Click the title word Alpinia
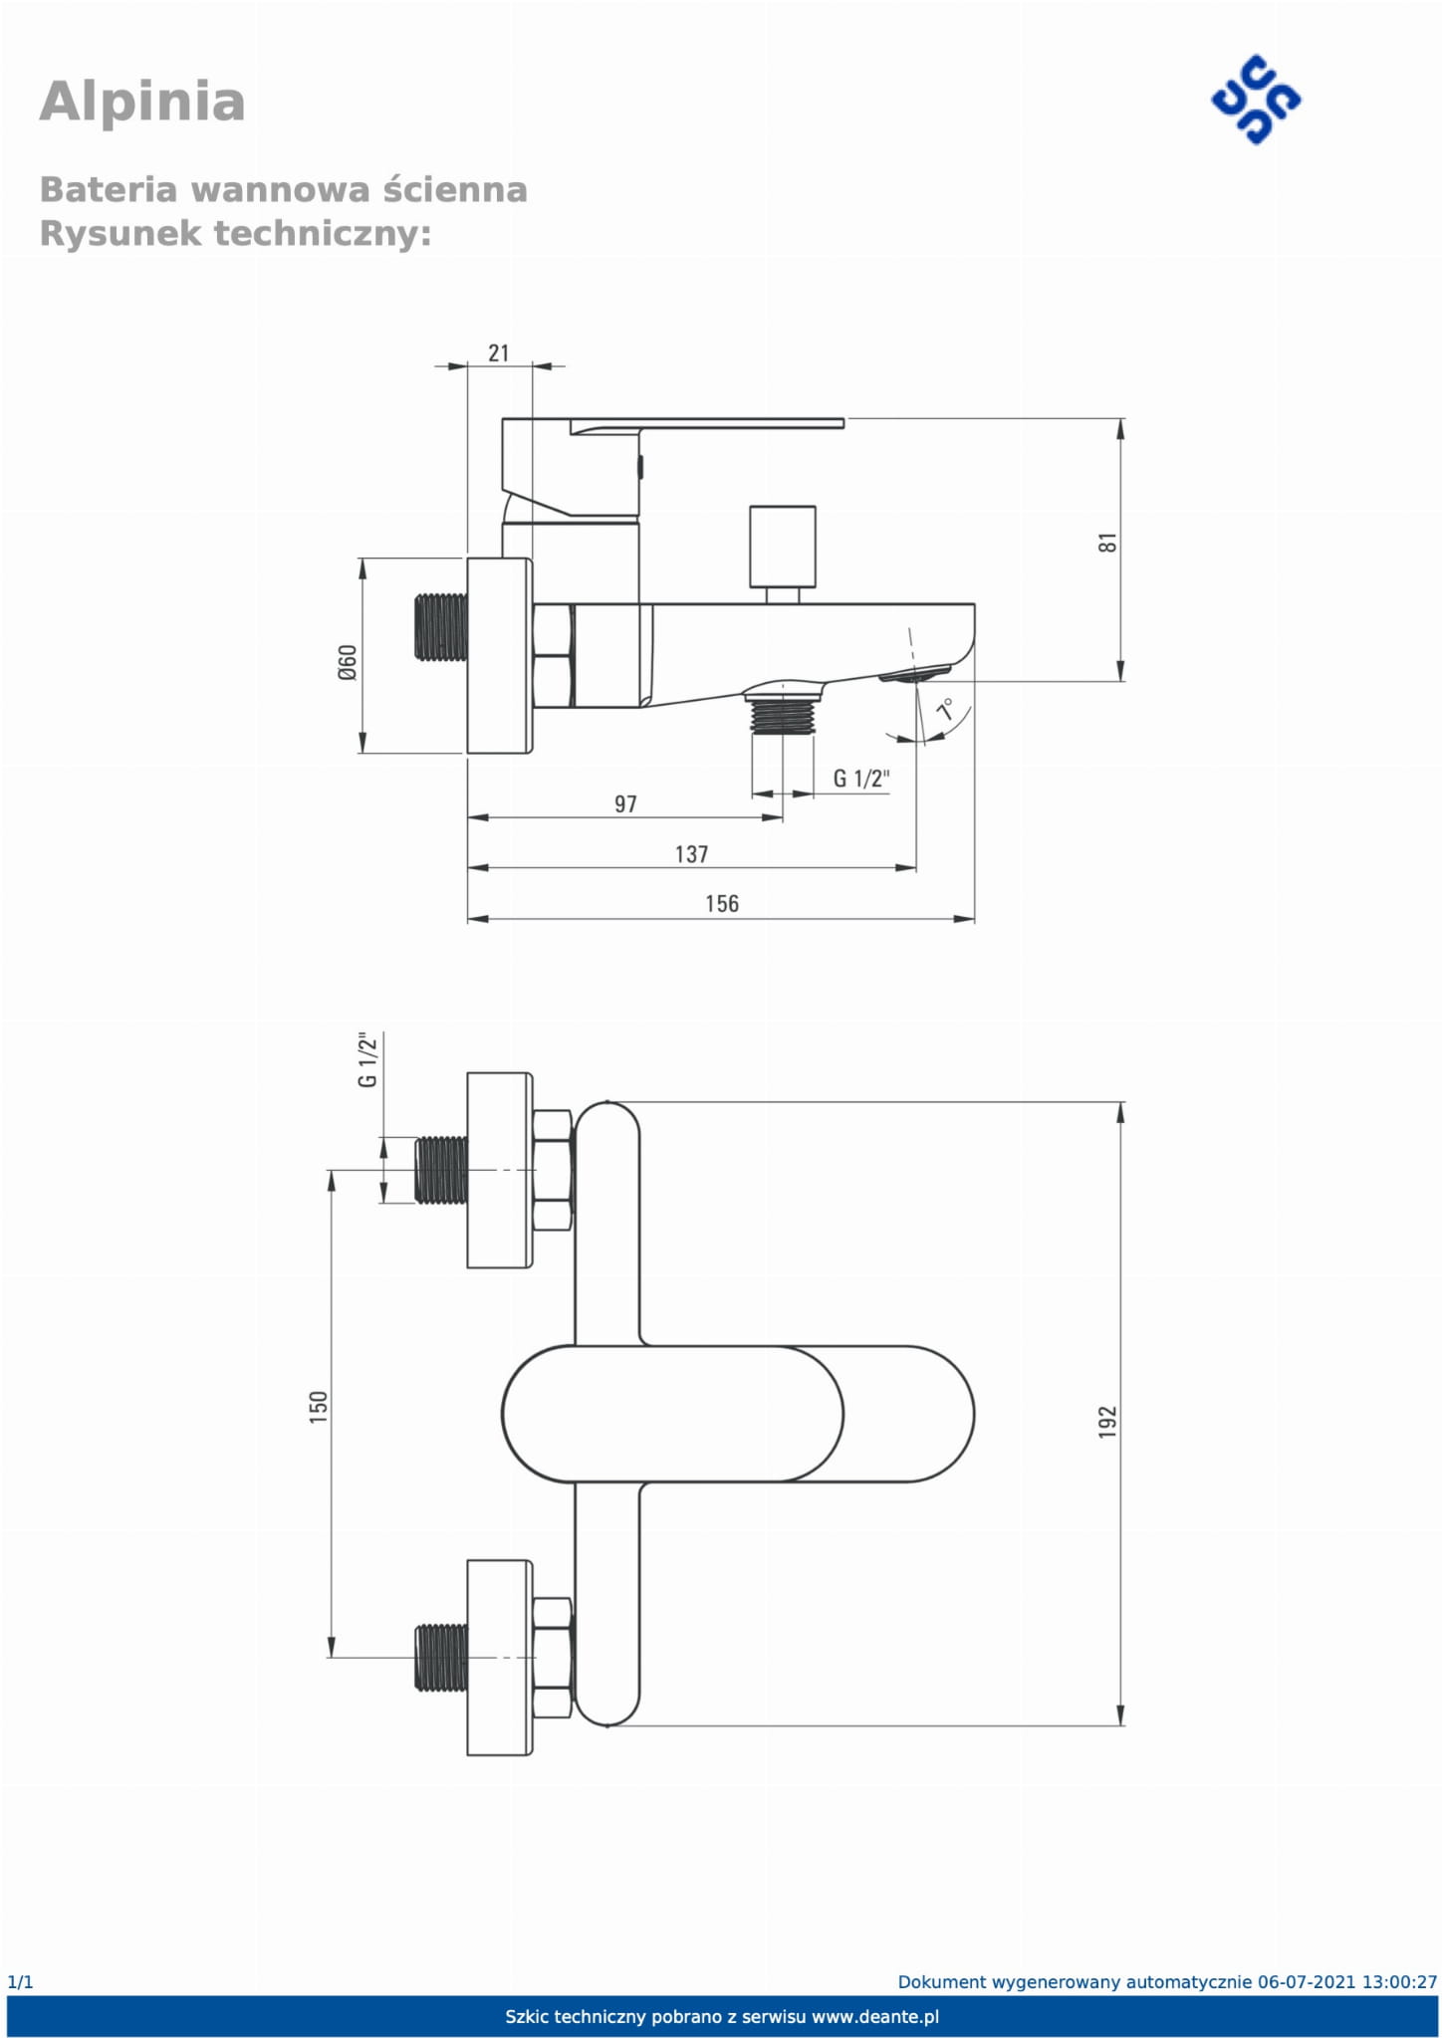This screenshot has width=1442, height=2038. tap(142, 103)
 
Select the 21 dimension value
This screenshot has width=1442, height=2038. tap(499, 352)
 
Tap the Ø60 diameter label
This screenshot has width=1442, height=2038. tap(347, 662)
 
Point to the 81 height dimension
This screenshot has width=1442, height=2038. tap(1108, 543)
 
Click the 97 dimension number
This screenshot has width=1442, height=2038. tap(625, 803)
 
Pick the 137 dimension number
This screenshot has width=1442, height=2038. tap(691, 853)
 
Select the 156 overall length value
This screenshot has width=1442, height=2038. tap(722, 903)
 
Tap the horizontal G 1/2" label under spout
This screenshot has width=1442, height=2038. tap(861, 778)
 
